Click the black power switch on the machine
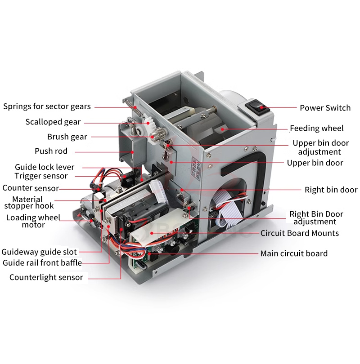[x=257, y=107]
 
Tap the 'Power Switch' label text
[x=325, y=108]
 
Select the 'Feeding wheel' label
[x=316, y=129]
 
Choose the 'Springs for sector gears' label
[x=47, y=107]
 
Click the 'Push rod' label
[x=51, y=151]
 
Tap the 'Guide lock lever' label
[x=45, y=167]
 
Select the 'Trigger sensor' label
[x=41, y=176]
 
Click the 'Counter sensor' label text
[x=31, y=188]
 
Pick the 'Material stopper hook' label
[x=29, y=203]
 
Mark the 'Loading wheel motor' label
[x=33, y=221]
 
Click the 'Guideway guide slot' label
[x=39, y=252]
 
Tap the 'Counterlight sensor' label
[x=46, y=277]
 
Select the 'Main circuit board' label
[x=294, y=253]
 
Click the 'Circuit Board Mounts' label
[x=300, y=233]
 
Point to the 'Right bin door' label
[x=331, y=190]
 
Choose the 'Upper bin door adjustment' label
[x=320, y=147]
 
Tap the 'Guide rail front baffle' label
[x=42, y=263]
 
